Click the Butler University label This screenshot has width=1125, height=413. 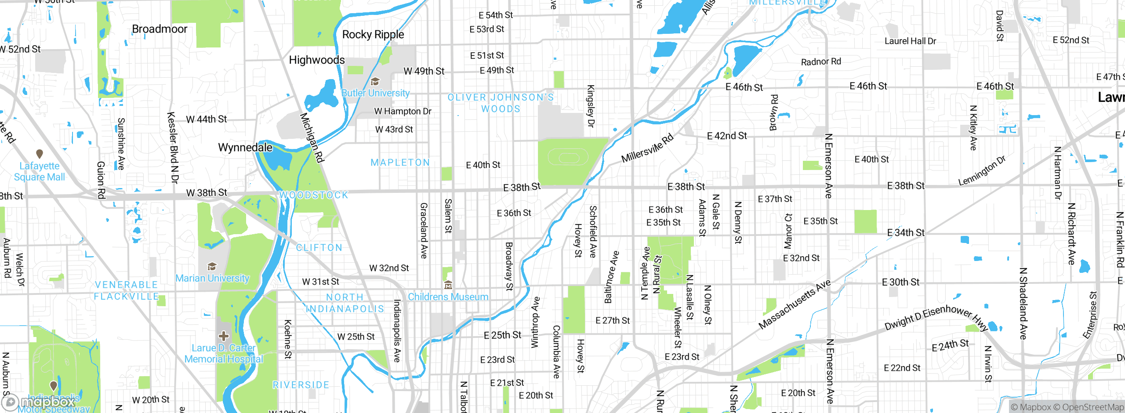click(376, 93)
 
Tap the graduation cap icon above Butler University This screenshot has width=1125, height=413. click(375, 82)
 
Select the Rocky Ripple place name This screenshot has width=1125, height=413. click(373, 35)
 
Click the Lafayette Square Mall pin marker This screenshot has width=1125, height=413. click(40, 154)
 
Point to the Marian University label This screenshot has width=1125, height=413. click(212, 279)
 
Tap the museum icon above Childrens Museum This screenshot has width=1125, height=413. click(448, 286)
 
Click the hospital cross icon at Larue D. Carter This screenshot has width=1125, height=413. click(224, 337)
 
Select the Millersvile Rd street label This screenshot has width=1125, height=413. click(647, 148)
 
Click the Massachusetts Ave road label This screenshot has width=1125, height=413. click(795, 304)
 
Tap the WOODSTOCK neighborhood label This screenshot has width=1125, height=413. click(314, 195)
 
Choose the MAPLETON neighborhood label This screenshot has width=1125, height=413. click(400, 163)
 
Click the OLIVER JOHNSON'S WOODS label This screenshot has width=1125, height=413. click(501, 103)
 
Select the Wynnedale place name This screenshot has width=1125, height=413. click(245, 148)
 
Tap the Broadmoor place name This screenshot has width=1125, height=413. click(160, 29)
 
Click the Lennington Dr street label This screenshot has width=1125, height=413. click(982, 171)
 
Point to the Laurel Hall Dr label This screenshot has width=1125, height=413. click(910, 41)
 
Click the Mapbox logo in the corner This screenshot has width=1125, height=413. click(40, 402)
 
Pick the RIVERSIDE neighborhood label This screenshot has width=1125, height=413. click(301, 385)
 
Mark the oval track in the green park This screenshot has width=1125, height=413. click(567, 157)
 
